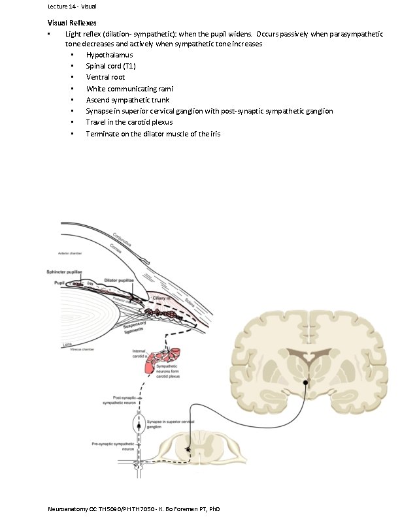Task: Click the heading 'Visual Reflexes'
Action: pos(71,23)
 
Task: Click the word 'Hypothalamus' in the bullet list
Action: pos(109,55)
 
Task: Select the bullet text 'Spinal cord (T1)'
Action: pos(111,66)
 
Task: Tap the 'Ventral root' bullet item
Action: pos(105,77)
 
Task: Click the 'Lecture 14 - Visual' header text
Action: pos(72,7)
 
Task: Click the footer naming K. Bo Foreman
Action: pos(133,509)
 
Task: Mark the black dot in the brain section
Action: pos(305,382)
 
